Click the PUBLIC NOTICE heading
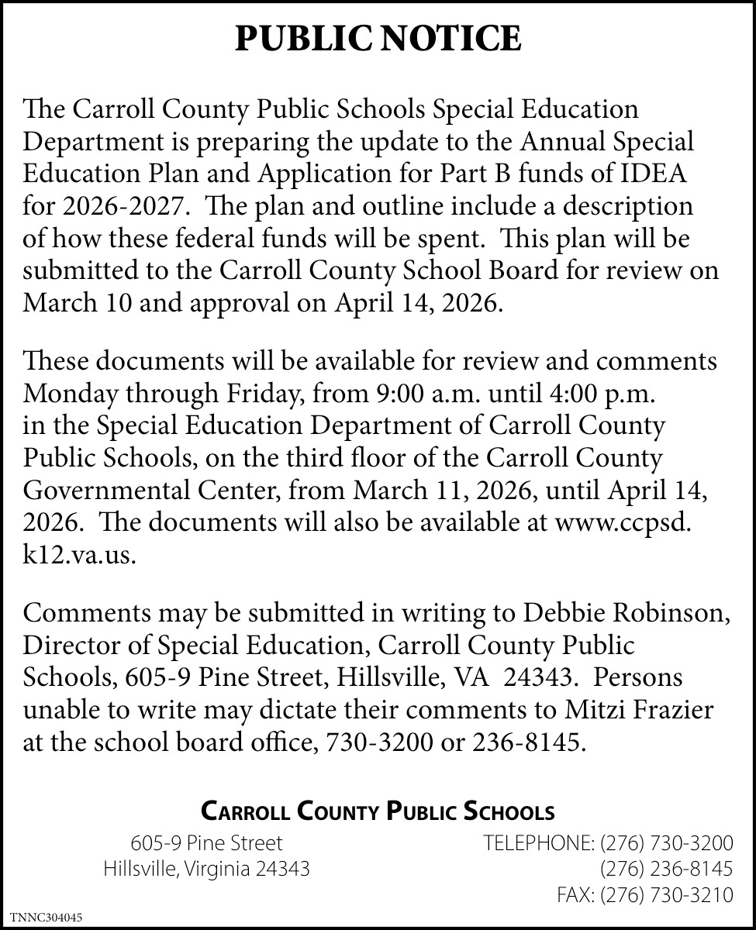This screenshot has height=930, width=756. coord(378,39)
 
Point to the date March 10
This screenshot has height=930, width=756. coord(73,301)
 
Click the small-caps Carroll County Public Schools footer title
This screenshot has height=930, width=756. coord(378,811)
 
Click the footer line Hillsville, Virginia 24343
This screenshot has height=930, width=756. coord(207,869)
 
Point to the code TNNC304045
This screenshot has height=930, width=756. coord(46,918)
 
